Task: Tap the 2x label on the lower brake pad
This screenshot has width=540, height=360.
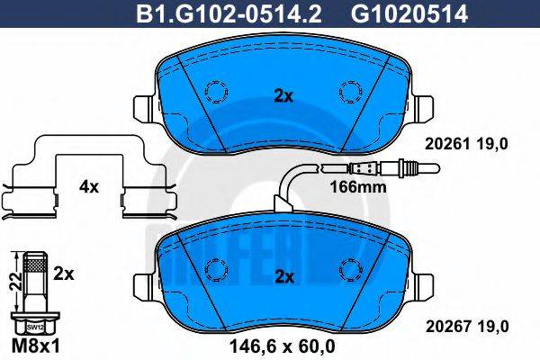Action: pos(283,277)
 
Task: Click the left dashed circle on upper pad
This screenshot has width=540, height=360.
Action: pos(216,92)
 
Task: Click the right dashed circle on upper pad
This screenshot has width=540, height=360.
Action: pos(349,92)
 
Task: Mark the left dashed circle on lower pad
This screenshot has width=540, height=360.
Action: pos(216,268)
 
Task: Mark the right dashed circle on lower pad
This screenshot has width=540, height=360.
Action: pos(349,268)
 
